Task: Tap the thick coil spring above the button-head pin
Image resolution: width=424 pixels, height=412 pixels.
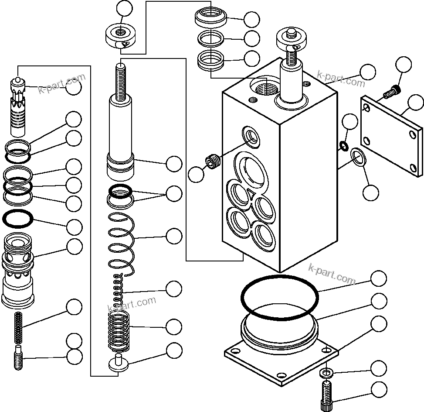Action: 119,332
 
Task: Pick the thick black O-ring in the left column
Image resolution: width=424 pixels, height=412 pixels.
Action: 18,218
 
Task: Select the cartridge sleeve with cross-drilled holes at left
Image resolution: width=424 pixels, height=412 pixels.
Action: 18,268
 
